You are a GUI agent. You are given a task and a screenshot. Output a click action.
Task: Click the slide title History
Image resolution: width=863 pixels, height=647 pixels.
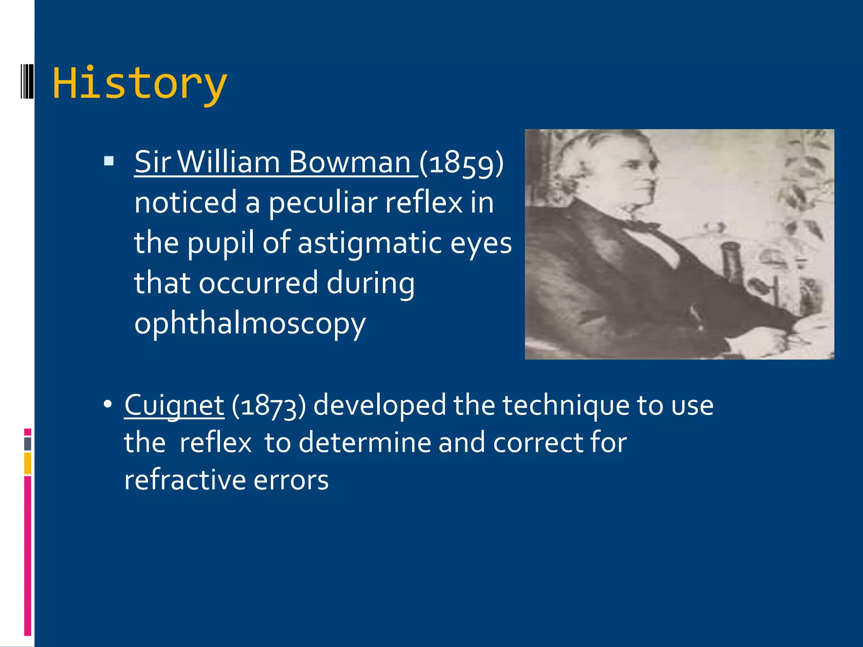139,83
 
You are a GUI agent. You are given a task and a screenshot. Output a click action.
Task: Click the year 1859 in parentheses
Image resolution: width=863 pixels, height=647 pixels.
461,163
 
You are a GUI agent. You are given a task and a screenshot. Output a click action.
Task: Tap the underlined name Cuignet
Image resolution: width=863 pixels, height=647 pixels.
174,405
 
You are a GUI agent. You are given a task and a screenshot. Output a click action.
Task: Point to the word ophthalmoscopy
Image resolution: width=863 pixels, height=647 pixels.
250,323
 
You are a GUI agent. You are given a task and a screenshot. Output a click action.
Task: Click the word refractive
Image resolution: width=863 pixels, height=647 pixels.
184,480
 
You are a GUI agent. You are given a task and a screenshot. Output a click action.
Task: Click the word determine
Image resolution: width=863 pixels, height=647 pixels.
364,443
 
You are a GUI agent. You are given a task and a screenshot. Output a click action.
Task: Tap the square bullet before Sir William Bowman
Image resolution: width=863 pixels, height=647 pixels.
109,161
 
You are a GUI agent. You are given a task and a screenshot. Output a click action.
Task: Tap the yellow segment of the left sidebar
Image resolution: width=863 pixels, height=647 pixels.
27,463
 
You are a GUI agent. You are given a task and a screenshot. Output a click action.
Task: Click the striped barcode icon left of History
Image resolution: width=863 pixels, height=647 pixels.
27,81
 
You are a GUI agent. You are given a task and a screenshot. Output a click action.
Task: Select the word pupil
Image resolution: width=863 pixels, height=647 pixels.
221,243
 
